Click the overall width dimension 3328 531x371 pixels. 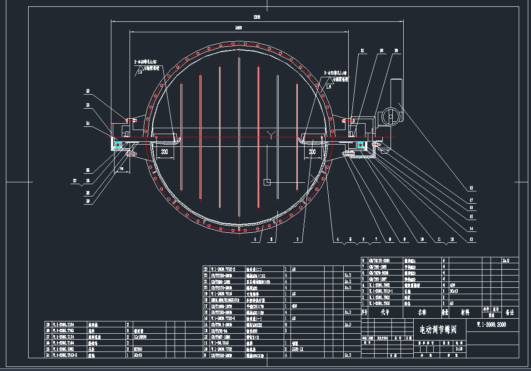(x=257, y=17)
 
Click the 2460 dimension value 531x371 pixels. (x=238, y=28)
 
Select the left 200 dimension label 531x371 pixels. (x=164, y=152)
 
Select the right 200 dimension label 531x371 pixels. (x=312, y=152)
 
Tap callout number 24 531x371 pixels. (x=87, y=123)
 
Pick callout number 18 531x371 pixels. (x=471, y=187)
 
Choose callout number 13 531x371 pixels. (x=471, y=239)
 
